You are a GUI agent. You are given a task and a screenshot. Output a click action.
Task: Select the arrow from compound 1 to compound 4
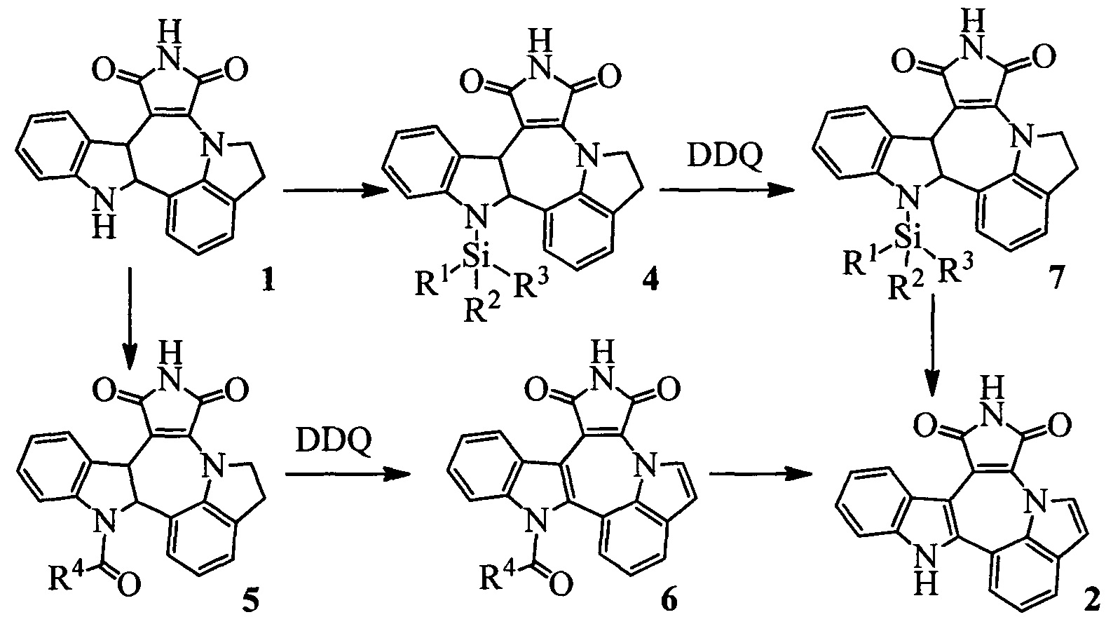tap(334, 194)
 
